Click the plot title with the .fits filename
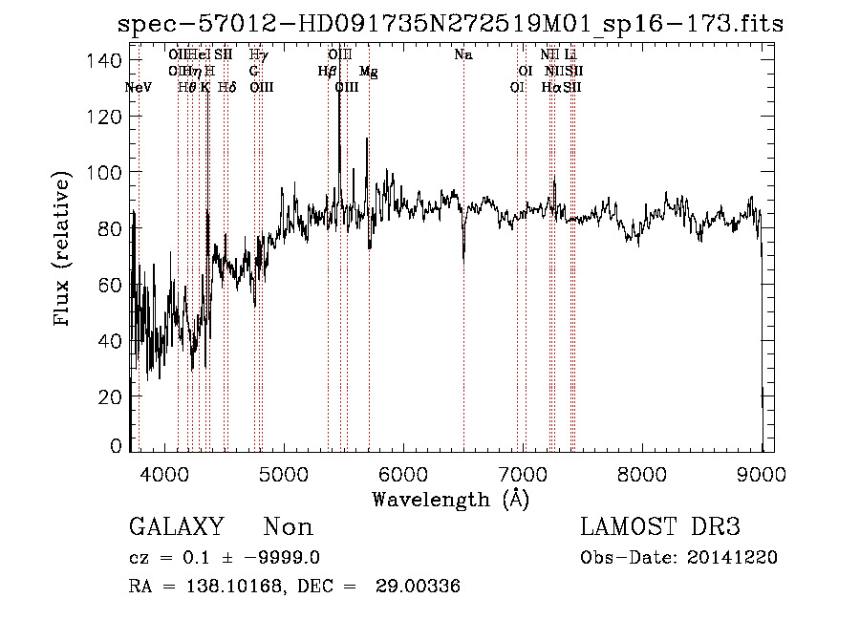(x=450, y=24)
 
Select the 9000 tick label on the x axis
(x=762, y=471)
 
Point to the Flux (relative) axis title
(x=63, y=250)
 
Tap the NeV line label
(x=139, y=87)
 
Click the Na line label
(x=463, y=55)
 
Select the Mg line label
(x=368, y=72)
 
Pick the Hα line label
(x=550, y=87)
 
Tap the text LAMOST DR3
(x=660, y=526)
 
